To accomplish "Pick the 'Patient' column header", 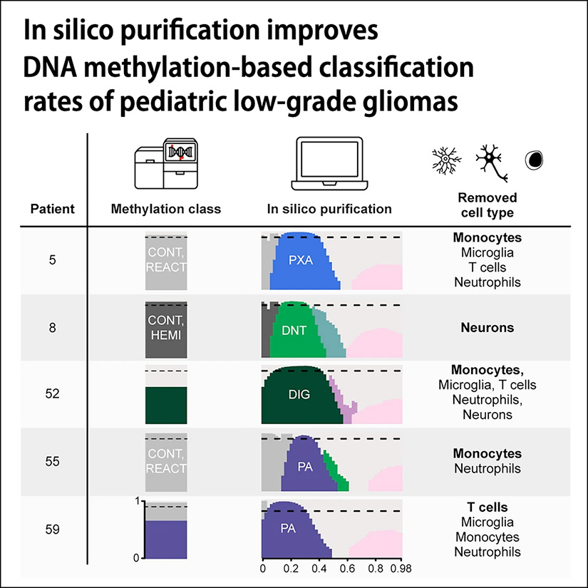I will pyautogui.click(x=52, y=210).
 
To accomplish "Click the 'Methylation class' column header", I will pyautogui.click(x=166, y=210).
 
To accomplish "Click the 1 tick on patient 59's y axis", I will pyautogui.click(x=136, y=501).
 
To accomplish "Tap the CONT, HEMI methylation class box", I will pyautogui.click(x=166, y=329).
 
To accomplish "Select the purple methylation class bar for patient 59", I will pyautogui.click(x=166, y=539).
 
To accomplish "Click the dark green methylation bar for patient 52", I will pyautogui.click(x=166, y=404).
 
